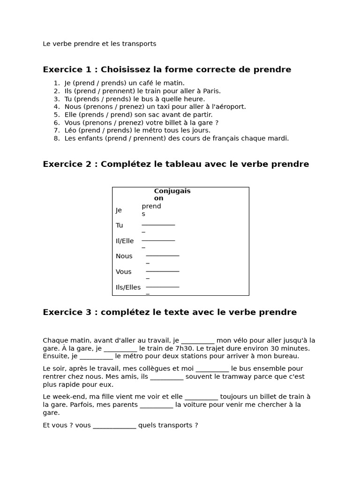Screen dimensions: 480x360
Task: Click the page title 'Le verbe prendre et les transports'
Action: click(x=99, y=44)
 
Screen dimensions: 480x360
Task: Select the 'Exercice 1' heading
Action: click(x=167, y=70)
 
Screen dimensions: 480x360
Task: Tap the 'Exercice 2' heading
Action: click(x=176, y=164)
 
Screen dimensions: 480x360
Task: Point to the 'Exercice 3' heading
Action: click(x=170, y=312)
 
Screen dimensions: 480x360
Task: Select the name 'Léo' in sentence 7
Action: click(x=71, y=130)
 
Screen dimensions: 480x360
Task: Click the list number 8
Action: click(x=56, y=138)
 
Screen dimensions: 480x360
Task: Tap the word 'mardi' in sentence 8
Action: click(x=278, y=138)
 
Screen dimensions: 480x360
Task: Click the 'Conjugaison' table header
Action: click(x=172, y=195)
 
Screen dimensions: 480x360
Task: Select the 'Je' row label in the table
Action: click(x=119, y=210)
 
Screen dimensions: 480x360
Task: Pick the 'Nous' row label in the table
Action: click(x=124, y=256)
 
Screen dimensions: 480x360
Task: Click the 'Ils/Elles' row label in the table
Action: click(x=128, y=287)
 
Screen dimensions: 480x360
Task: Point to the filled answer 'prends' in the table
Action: click(x=151, y=210)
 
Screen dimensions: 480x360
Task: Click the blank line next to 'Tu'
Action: click(x=158, y=225)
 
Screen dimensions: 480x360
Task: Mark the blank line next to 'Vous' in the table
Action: click(x=163, y=271)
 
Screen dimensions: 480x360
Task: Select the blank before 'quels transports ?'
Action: click(x=114, y=426)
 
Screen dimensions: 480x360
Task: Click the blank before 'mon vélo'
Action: click(x=197, y=341)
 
